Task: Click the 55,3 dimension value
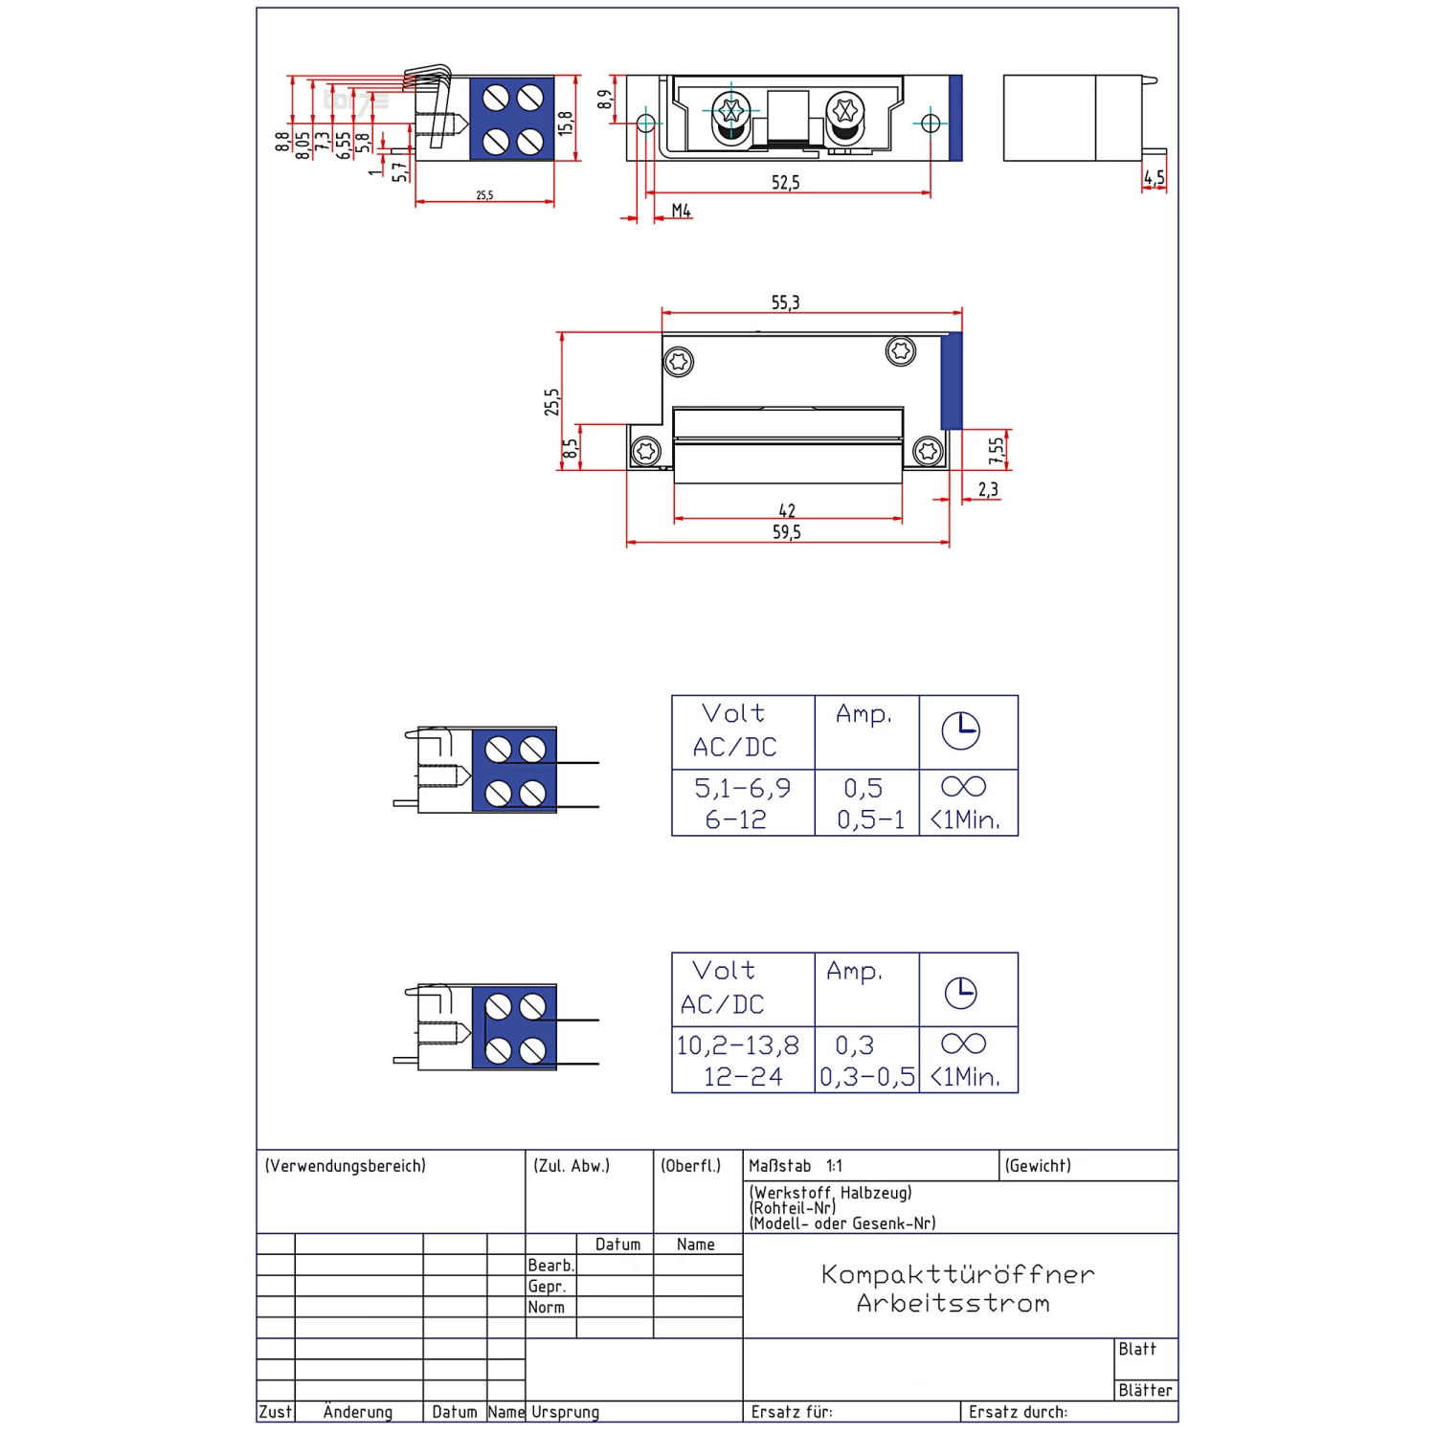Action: click(x=785, y=303)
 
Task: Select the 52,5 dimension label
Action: click(x=785, y=182)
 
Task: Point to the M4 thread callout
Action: click(x=681, y=211)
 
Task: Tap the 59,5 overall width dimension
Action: click(x=786, y=532)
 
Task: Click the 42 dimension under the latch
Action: click(x=787, y=510)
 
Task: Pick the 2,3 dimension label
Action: click(x=988, y=490)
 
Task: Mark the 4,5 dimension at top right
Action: click(x=1155, y=178)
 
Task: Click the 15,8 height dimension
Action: click(x=566, y=123)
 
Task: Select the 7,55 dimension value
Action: click(x=997, y=450)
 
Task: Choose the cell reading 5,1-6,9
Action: click(x=742, y=788)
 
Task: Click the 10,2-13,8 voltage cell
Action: click(x=737, y=1045)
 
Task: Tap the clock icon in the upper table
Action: click(x=960, y=731)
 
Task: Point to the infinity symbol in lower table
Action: click(x=963, y=1043)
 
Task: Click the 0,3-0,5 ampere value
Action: click(x=867, y=1077)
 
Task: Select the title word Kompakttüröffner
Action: click(x=957, y=1274)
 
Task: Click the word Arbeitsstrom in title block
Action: click(x=954, y=1303)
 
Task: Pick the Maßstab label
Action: click(x=779, y=1166)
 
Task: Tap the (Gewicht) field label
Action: click(x=1038, y=1166)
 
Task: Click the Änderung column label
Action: click(x=358, y=1412)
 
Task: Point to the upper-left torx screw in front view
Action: click(x=679, y=362)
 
